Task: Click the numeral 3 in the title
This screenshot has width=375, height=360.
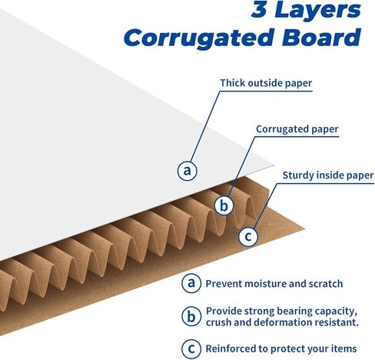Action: point(260,9)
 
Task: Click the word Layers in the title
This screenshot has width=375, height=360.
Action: point(317,11)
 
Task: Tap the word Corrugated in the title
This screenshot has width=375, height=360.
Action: point(199,38)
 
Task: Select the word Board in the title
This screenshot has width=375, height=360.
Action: point(321,37)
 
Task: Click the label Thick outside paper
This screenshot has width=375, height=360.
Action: point(266,83)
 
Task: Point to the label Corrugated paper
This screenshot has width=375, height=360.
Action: point(297,129)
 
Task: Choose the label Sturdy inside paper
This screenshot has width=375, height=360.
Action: point(328,175)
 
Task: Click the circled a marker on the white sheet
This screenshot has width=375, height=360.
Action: point(187,171)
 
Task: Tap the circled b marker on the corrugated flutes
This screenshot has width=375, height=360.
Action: point(224,205)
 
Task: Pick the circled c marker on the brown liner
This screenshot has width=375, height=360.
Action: point(248,236)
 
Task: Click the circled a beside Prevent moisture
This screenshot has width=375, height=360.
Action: point(191,283)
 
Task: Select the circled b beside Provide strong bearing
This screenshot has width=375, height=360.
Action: point(191,316)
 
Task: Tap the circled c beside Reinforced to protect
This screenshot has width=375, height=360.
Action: point(191,348)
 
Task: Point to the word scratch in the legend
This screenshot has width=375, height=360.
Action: point(326,284)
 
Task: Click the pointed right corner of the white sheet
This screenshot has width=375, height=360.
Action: point(274,165)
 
